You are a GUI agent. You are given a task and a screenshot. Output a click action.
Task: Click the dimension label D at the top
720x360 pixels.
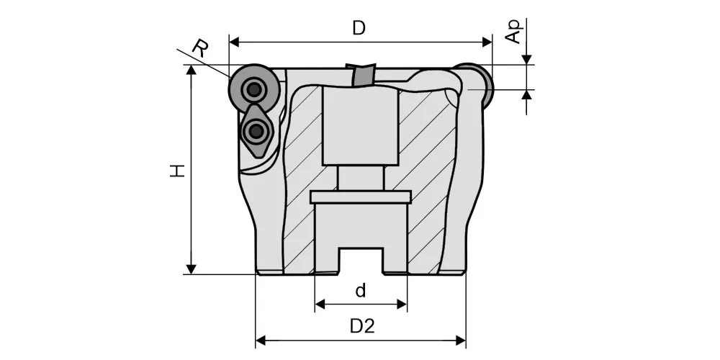[x=359, y=29]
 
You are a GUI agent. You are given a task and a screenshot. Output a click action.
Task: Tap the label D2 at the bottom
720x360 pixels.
[x=363, y=326]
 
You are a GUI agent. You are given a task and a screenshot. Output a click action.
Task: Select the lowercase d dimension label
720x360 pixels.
[x=361, y=291]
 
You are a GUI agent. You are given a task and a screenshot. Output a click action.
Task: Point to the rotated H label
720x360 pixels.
[x=177, y=171]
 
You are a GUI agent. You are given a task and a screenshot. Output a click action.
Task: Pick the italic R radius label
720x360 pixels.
[x=199, y=48]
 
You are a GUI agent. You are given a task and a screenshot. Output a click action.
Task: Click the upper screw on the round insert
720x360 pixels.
[x=253, y=90]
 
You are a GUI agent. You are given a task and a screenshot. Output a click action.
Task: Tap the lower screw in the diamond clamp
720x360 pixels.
[x=254, y=132]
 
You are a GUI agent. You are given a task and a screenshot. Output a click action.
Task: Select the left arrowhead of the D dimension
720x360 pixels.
[x=234, y=42]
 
